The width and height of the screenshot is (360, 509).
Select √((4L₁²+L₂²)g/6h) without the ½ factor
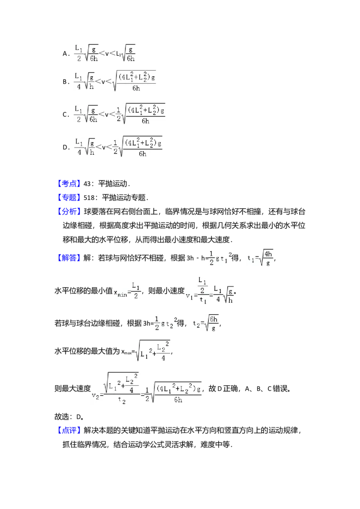[135, 81]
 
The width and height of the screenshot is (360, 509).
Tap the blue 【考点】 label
[70, 183]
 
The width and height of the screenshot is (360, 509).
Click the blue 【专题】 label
[70, 197]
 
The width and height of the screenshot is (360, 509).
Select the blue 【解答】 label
[70, 257]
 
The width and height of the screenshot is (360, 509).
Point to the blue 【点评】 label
[70, 430]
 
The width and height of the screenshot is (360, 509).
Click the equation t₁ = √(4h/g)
[260, 259]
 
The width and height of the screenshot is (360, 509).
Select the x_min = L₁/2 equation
[128, 291]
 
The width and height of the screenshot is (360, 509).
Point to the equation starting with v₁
[209, 290]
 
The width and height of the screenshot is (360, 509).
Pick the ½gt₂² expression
[166, 324]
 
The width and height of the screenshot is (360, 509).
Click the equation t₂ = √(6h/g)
[205, 324]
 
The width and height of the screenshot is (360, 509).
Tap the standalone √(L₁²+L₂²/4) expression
[153, 350]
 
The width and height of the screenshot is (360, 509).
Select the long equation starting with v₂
[148, 388]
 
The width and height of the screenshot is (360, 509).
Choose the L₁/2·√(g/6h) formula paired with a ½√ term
[86, 115]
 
